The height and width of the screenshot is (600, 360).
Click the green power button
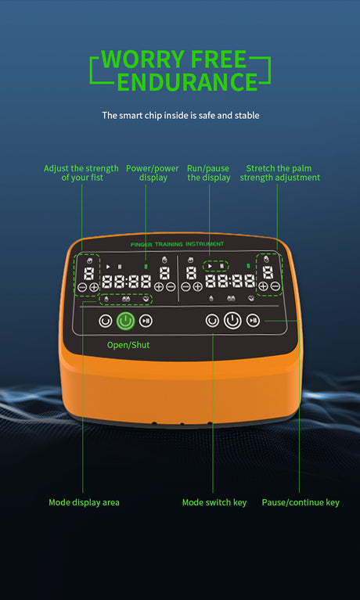pos(126,321)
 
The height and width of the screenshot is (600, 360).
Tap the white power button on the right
pos(232,321)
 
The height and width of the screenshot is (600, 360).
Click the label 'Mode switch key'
pos(214,502)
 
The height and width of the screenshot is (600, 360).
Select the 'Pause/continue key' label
pos(301,502)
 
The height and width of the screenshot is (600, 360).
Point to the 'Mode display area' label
pos(84,502)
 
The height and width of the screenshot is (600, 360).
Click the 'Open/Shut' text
pos(128,345)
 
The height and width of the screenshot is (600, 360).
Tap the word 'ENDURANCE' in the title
pos(187,81)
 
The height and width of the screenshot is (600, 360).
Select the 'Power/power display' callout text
pos(153,173)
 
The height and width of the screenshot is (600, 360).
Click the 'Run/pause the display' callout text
pos(209,173)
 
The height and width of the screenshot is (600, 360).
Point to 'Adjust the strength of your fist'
pos(81,173)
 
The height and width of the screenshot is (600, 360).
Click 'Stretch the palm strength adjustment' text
pos(280,173)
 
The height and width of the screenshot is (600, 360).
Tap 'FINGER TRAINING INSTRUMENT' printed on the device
pos(178,244)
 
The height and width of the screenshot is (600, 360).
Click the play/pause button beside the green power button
pos(146,321)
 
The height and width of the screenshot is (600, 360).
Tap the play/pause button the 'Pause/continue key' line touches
pos(253,321)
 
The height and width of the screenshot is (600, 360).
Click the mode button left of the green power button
pos(106,321)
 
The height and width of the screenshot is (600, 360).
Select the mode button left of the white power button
pos(212,321)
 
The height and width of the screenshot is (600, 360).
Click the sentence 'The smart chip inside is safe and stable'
pos(181,115)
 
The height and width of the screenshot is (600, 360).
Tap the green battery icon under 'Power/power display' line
pos(146,266)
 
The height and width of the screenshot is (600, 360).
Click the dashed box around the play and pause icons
pos(216,260)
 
